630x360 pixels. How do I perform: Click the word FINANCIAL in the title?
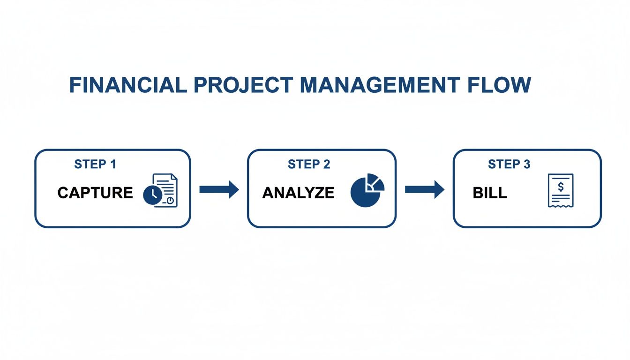126,85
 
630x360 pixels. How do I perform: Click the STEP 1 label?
95,164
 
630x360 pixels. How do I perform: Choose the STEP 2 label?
309,164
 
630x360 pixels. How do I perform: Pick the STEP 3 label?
509,164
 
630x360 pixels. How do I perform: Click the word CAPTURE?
95,193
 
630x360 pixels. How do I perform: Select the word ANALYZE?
298,193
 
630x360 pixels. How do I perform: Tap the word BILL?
490,193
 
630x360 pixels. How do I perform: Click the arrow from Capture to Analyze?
219,189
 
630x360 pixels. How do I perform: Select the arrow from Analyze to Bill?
424,189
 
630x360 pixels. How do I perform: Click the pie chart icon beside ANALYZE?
367,190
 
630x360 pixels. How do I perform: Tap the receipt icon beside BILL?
561,190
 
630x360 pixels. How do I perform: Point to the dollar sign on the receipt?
561,187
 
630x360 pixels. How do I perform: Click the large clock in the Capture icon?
152,195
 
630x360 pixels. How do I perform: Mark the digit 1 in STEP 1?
112,164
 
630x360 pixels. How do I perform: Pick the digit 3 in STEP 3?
526,164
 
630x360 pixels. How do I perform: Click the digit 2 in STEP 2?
326,164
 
